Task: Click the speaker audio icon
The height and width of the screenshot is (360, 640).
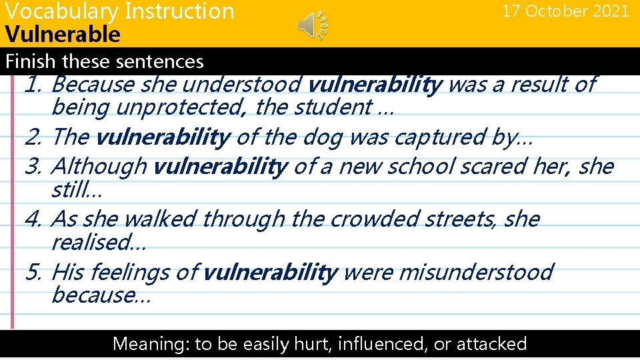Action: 311,25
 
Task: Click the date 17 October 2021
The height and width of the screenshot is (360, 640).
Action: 565,11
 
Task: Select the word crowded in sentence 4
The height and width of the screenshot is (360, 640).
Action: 351,219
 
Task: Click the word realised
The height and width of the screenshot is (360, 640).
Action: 99,242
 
